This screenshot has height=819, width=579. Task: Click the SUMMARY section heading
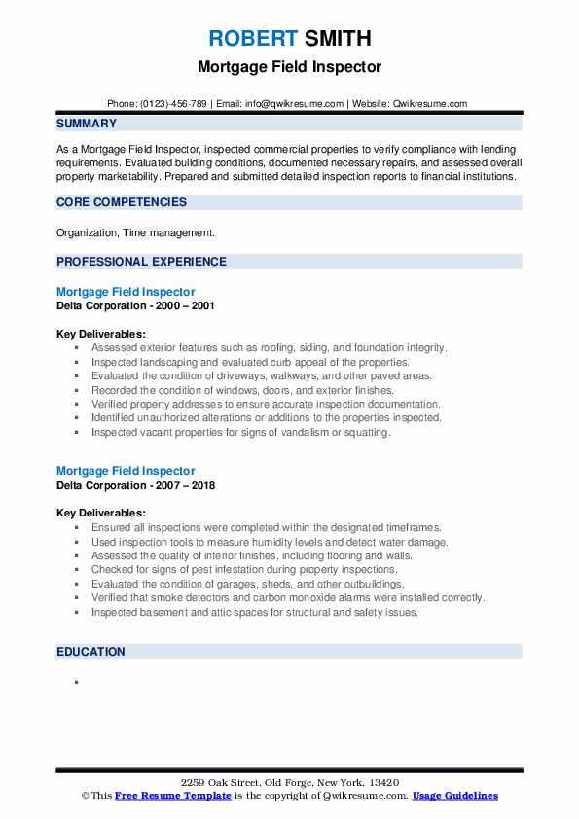point(87,124)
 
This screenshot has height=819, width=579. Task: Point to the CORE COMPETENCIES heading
point(122,202)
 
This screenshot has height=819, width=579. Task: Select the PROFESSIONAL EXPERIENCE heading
point(141,262)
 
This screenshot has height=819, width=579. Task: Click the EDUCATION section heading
point(90,652)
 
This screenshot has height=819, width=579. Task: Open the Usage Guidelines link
point(454,796)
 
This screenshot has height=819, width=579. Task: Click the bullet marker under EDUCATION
point(75,683)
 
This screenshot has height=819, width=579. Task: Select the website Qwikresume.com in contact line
point(431,103)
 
